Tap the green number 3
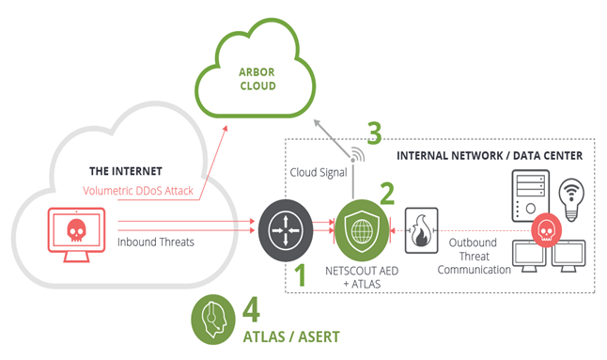pos(374,132)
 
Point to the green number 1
pos(302,276)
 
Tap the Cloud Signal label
pos(315,175)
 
